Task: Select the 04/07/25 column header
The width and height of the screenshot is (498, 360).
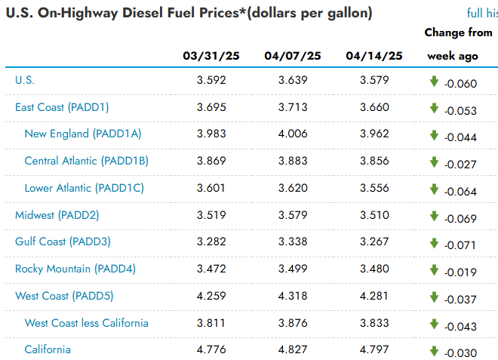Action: point(293,56)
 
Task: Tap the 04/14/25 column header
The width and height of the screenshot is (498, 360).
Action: point(374,56)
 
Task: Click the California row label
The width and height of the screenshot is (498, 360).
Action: point(48,349)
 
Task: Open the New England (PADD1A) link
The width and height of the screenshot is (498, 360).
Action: point(83,134)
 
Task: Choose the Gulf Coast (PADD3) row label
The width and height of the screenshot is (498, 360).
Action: point(63,242)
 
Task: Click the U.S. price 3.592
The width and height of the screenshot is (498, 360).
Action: point(211,80)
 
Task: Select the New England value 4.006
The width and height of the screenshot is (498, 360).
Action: point(293,134)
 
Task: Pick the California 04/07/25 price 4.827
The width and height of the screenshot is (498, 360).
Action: point(293,349)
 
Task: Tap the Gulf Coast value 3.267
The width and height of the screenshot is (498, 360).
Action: point(374,242)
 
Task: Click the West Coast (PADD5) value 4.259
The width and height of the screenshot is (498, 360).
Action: point(211,296)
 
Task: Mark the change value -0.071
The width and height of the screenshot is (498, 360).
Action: point(460,245)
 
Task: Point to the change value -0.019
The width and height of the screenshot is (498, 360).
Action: point(460,272)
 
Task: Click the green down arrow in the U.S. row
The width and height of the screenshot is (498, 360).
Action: point(434,82)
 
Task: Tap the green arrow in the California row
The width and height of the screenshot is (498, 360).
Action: point(434,351)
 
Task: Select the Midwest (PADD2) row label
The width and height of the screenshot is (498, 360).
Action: point(57,215)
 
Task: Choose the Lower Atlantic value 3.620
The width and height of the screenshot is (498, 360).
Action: point(293,188)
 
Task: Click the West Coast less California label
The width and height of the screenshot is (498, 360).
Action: point(86,323)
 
